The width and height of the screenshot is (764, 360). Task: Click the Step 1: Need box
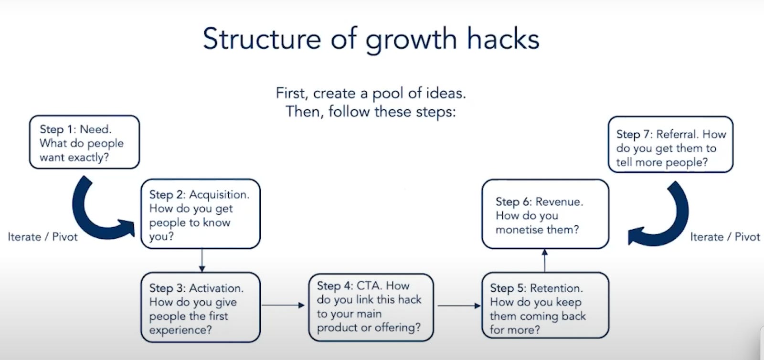click(84, 142)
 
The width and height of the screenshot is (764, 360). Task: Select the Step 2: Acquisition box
click(201, 214)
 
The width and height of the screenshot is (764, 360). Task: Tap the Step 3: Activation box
click(201, 307)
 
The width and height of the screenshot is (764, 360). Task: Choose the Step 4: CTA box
click(371, 307)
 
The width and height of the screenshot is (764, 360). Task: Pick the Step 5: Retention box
click(545, 306)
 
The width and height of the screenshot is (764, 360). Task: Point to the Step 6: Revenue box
click(545, 214)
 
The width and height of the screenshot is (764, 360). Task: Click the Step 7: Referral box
click(670, 144)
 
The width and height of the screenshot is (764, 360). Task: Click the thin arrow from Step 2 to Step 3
click(202, 260)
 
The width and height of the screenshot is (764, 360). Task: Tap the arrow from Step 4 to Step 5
click(459, 306)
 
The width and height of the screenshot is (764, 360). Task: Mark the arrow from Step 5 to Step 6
click(545, 260)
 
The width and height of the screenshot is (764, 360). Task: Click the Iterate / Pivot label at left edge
click(42, 237)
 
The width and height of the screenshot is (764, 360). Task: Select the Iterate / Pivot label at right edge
click(725, 237)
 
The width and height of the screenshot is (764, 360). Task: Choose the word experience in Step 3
click(180, 330)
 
